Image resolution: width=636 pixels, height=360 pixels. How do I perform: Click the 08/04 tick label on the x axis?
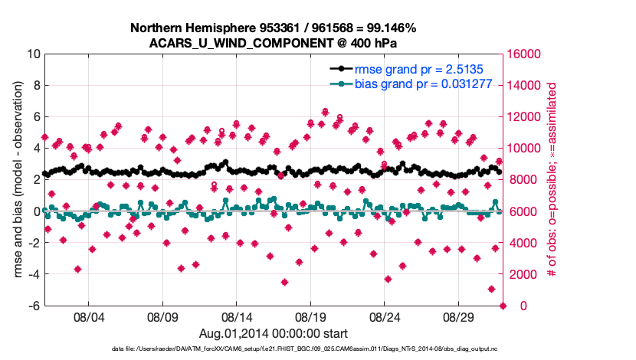[88, 316]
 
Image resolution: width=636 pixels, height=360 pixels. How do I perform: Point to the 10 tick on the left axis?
[33, 54]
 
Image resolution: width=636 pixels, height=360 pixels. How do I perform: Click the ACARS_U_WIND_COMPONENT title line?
[273, 43]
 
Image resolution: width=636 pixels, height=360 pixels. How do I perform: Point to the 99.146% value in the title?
[389, 28]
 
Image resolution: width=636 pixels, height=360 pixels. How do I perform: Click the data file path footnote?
[273, 349]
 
